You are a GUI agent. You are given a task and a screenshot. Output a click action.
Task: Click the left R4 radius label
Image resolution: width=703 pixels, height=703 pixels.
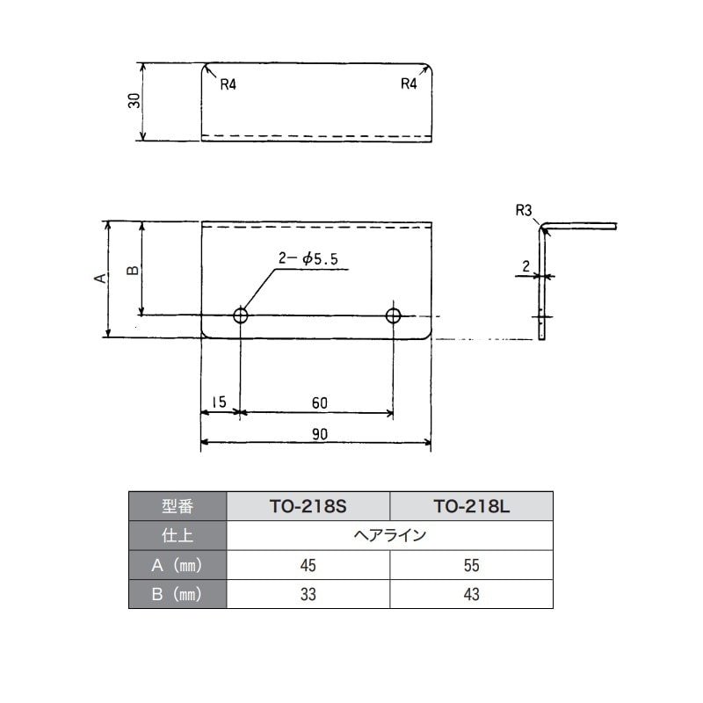pos(228,84)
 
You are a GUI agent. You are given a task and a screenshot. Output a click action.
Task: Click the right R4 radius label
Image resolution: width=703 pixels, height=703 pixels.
pos(409,83)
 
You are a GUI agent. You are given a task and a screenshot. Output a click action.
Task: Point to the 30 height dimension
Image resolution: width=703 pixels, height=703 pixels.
pos(134,101)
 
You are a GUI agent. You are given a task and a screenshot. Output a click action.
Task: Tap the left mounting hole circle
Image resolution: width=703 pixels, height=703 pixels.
pos(241,315)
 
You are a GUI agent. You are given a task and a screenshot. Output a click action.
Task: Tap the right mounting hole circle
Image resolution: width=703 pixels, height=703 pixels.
pos(393,315)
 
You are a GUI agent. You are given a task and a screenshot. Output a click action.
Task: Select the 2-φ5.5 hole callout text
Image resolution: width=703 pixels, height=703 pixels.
pos(308,258)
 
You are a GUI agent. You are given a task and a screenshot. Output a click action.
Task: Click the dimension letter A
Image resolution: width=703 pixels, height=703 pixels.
pos(101,278)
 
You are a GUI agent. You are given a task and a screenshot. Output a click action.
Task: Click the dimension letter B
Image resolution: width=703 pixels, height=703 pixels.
pos(134,271)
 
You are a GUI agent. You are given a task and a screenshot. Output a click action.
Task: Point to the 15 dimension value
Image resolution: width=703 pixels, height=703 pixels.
pos(219,402)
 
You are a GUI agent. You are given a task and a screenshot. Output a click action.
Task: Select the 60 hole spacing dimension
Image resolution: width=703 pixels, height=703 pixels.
pos(320,402)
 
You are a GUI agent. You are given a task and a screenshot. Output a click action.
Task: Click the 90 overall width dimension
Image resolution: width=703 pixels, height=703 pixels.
pos(320,434)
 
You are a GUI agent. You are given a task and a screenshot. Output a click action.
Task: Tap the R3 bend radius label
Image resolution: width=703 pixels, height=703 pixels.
pos(523,210)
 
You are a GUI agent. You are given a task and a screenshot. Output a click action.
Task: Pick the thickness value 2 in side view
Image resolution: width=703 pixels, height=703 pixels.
pos(525,267)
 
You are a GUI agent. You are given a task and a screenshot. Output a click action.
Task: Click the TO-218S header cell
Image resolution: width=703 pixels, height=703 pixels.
pos(308,506)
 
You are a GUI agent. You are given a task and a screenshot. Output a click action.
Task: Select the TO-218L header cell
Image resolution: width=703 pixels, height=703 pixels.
pos(472,506)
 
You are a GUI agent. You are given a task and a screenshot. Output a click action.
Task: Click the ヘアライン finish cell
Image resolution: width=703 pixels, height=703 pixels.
pos(389,535)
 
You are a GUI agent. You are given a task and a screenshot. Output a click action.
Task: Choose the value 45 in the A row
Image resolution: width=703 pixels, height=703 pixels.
pos(308,565)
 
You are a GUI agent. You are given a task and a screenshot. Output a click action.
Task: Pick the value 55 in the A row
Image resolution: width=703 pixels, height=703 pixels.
pos(472,565)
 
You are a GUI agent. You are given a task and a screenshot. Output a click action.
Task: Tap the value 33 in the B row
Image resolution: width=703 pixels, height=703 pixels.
pos(308,594)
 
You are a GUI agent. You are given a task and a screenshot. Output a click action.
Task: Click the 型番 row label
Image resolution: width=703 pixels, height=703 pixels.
pos(178,506)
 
